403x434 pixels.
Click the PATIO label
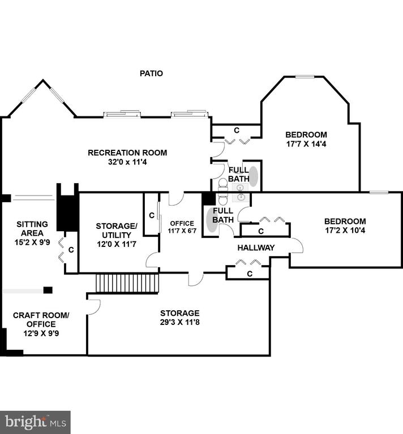(151, 73)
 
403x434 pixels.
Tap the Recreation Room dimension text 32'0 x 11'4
(127, 162)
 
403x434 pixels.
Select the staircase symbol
(127, 283)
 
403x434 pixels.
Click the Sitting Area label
(32, 229)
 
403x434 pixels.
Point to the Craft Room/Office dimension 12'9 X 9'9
(41, 333)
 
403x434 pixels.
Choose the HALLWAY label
(256, 248)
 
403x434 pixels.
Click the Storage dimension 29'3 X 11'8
(179, 322)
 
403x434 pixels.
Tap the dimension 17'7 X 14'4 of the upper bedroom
(306, 144)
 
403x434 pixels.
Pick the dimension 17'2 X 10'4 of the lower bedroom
(345, 231)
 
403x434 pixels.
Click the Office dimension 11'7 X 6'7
(182, 231)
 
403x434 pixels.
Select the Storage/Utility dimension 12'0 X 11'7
(117, 244)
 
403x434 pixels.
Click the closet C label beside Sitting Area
(71, 250)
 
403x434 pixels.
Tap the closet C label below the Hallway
(250, 274)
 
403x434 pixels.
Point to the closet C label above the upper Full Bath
(237, 131)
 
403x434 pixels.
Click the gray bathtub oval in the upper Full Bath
(254, 176)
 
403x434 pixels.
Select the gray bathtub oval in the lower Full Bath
(212, 220)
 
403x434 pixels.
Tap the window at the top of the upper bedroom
(305, 77)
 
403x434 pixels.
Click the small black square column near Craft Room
(48, 290)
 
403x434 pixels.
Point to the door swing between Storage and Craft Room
(94, 307)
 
